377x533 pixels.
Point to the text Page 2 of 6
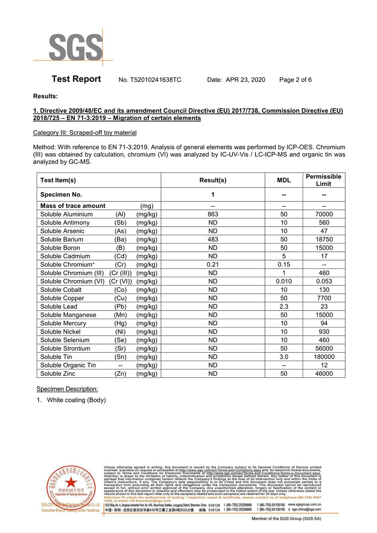click(x=295, y=80)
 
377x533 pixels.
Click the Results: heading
click(x=45, y=95)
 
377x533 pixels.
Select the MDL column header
click(x=284, y=180)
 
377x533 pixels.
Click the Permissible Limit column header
click(x=324, y=180)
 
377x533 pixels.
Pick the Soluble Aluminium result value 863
click(x=213, y=214)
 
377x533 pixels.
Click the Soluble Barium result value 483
click(x=213, y=240)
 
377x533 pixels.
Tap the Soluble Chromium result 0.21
click(x=213, y=265)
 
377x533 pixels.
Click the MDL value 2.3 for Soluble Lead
click(x=284, y=306)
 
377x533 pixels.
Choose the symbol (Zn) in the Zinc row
click(x=120, y=374)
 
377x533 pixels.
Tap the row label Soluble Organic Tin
click(x=68, y=365)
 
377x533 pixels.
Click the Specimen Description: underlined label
click(x=67, y=389)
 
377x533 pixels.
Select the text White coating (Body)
click(x=76, y=400)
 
